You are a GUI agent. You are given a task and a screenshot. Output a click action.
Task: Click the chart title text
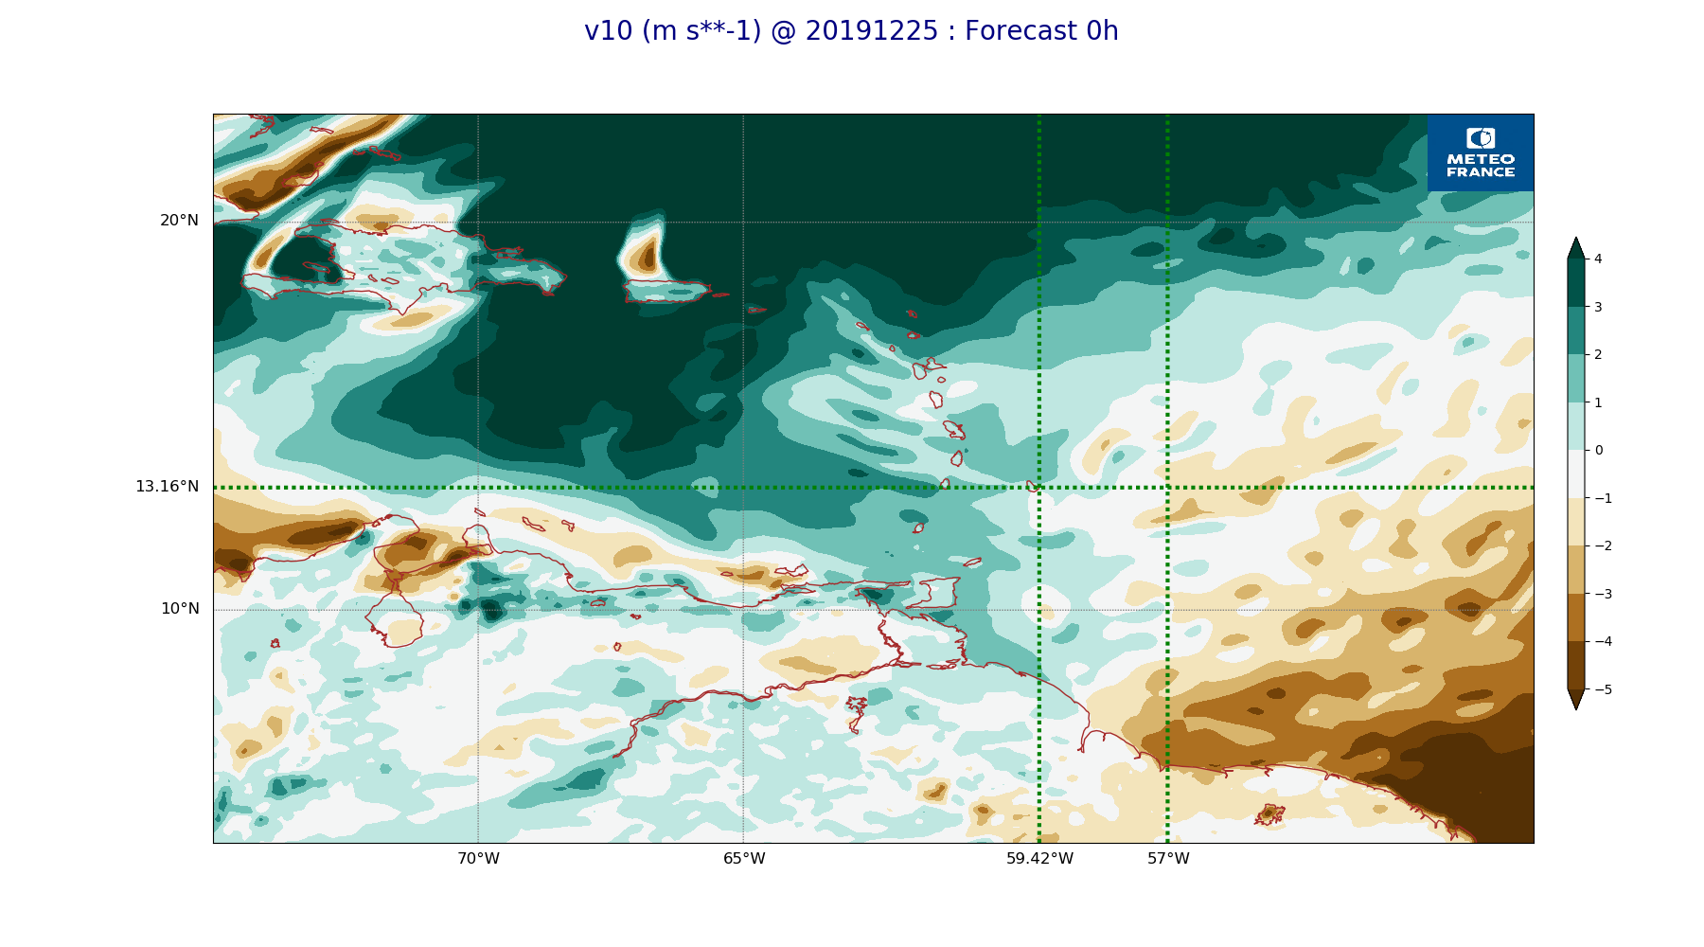pos(851,31)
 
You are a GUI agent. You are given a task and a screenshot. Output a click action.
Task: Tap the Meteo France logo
pos(1481,152)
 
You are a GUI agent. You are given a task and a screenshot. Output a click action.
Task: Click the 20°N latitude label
pos(179,221)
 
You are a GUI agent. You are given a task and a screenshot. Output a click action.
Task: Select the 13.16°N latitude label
pos(167,487)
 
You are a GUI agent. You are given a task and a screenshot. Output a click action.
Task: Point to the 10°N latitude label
pos(180,609)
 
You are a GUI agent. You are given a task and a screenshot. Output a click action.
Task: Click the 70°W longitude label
pos(478,859)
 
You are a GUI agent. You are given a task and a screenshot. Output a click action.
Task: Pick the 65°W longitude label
pos(744,859)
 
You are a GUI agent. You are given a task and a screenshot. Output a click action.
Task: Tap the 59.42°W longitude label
pos(1039,859)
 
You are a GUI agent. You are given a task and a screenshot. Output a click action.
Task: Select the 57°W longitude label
pos(1168,859)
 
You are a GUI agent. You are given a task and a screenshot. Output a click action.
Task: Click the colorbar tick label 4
pos(1598,259)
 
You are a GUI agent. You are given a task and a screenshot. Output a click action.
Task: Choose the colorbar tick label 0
pos(1598,450)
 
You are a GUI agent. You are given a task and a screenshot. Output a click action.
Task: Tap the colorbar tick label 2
pos(1598,354)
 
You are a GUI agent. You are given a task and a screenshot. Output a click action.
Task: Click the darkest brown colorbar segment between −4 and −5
pos(1576,665)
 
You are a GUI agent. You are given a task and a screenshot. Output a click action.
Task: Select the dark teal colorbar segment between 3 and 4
pos(1576,282)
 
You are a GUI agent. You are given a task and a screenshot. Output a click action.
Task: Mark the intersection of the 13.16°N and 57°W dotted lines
pos(1167,488)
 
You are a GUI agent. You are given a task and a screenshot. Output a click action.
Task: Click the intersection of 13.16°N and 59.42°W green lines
pos(1038,488)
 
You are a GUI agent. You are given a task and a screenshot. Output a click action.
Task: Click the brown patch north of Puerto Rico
pos(647,254)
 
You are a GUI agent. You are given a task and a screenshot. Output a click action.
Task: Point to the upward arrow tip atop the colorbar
pos(1576,239)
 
